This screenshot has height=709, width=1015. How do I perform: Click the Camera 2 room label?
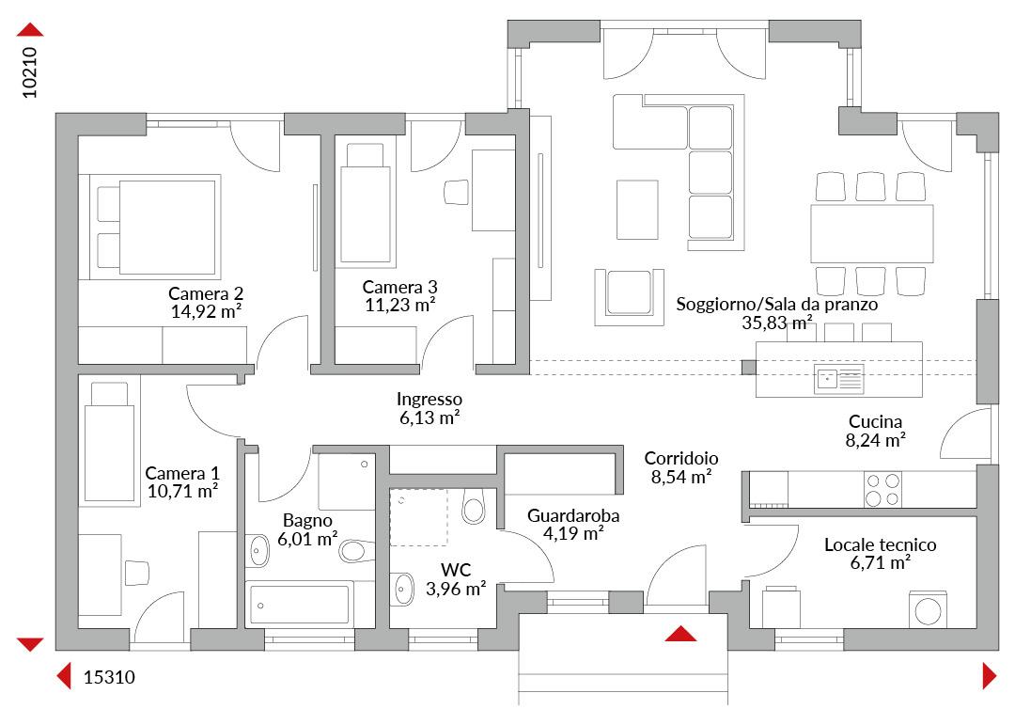[x=206, y=293]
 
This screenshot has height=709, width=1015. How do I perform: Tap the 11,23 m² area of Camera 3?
[x=400, y=305]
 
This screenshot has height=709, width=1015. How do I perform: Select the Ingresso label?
[x=429, y=399]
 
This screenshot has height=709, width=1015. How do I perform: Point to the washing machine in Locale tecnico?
[x=928, y=609]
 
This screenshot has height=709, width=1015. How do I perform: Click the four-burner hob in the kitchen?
[x=882, y=490]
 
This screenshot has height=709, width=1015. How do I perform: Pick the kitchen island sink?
[x=839, y=380]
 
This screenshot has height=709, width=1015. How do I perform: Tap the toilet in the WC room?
[x=474, y=506]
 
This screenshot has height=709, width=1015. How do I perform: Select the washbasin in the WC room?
[x=403, y=589]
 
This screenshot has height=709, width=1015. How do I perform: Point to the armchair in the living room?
[x=629, y=296]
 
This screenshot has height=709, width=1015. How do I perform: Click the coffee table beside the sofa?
[x=637, y=209]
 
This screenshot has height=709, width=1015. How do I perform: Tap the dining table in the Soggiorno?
[x=871, y=233]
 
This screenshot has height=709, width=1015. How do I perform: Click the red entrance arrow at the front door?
[x=680, y=634]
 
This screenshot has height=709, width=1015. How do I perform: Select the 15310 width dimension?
[x=109, y=677]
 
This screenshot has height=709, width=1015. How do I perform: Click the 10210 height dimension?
[x=30, y=72]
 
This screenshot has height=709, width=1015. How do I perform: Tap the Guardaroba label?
[x=573, y=516]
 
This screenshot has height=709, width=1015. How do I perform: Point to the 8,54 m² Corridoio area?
[x=681, y=477]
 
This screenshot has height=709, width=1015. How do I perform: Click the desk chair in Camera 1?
[x=136, y=573]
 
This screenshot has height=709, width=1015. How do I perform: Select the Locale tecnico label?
[x=881, y=544]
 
